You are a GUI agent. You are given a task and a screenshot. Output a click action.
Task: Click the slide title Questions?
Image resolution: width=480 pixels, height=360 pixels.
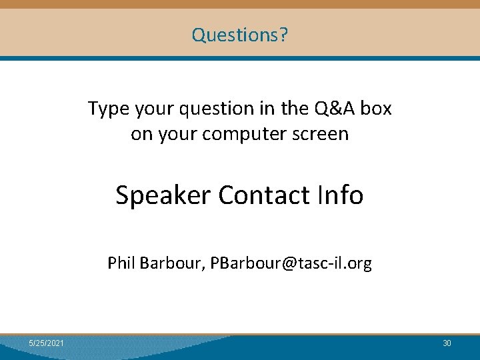point(239,35)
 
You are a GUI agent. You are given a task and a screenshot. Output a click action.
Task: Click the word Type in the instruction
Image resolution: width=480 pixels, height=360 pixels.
point(106,108)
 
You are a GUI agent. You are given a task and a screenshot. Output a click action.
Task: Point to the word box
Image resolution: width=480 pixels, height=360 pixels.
point(377,108)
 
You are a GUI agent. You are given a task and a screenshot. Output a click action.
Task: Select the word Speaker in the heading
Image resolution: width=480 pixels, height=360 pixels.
point(163,195)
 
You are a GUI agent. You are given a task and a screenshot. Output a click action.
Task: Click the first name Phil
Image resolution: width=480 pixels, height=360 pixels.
point(121,263)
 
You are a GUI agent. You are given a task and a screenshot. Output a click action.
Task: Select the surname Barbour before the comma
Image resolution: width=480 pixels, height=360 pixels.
point(171,263)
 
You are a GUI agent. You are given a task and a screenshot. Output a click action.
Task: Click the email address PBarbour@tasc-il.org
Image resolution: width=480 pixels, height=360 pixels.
point(291,263)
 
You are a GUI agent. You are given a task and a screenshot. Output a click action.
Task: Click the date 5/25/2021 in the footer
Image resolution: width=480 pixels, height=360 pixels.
point(47,343)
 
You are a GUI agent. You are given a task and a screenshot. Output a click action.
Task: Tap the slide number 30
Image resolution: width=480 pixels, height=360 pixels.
point(447,343)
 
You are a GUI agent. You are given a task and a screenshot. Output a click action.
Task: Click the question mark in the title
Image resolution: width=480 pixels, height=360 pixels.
point(284,35)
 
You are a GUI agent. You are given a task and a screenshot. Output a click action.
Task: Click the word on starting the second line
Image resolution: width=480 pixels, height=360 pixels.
point(141,134)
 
